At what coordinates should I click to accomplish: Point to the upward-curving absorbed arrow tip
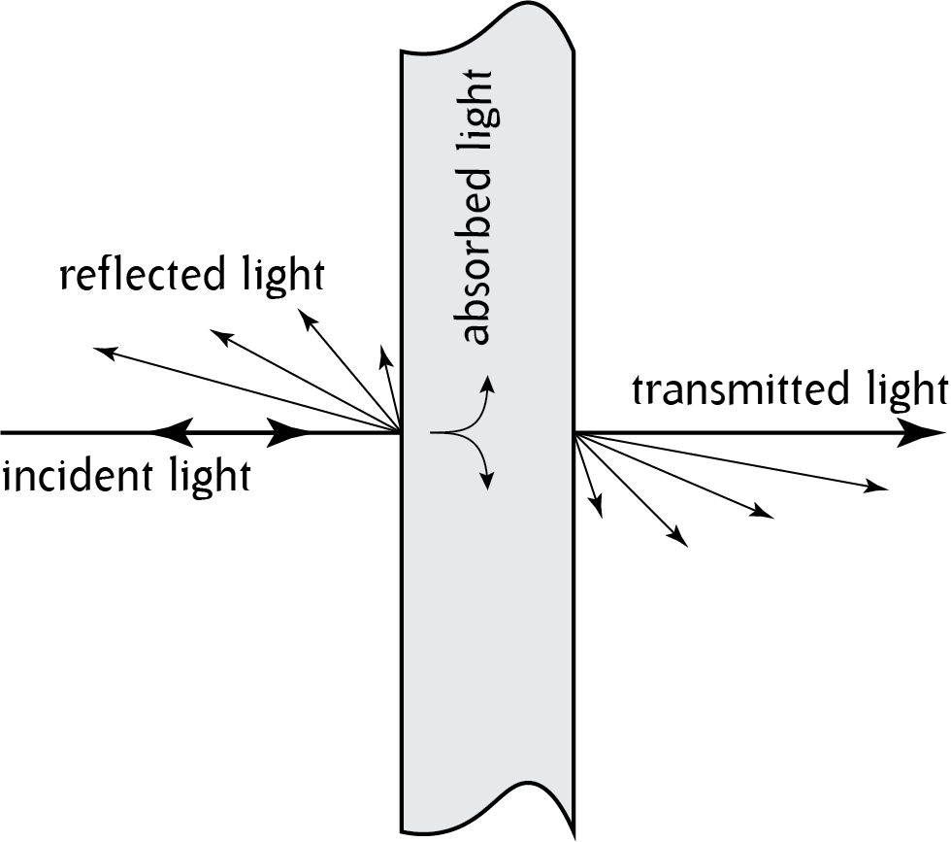click(x=488, y=379)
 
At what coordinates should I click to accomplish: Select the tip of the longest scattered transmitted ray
click(x=885, y=487)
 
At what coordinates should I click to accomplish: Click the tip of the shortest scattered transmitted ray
click(x=601, y=514)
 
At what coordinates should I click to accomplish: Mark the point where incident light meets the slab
click(x=402, y=432)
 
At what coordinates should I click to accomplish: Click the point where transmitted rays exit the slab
click(x=574, y=433)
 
